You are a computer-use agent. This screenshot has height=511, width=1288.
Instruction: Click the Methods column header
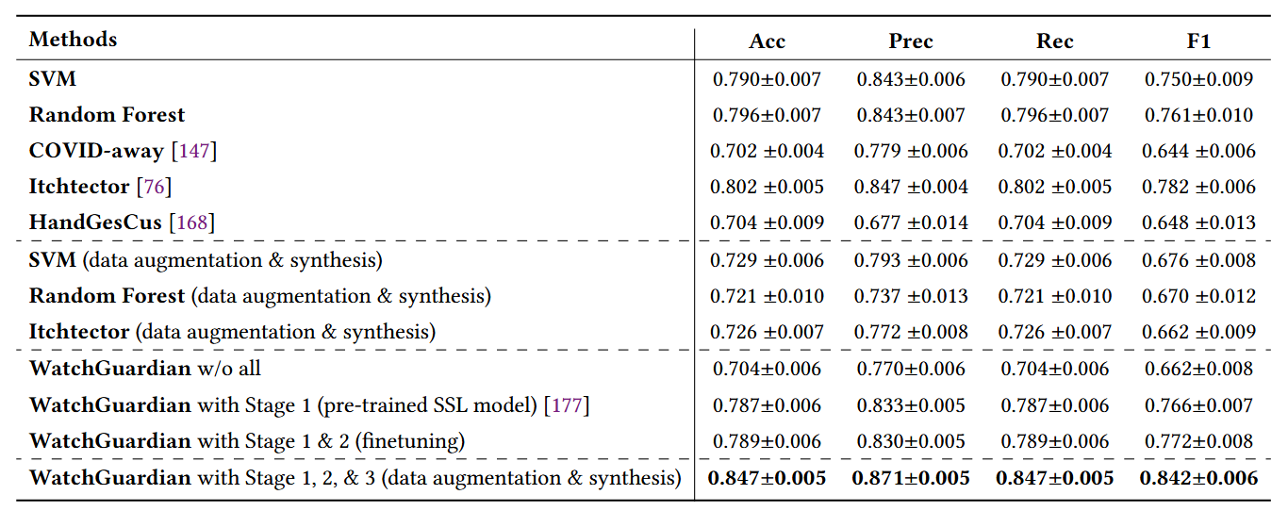point(73,40)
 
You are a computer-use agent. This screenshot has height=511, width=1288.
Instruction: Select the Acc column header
point(767,41)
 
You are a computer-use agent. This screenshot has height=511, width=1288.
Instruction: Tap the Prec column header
point(910,41)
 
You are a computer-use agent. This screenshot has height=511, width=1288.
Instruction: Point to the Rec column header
point(1054,41)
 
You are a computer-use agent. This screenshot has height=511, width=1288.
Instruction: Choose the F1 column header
point(1198,41)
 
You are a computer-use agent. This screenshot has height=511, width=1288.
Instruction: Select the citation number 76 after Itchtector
point(154,187)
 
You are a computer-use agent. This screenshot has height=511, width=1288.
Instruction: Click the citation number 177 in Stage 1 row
point(566,405)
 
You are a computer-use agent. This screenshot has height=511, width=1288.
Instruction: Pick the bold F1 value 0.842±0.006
point(1198,478)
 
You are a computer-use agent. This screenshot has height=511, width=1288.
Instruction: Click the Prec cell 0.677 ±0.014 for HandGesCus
point(910,223)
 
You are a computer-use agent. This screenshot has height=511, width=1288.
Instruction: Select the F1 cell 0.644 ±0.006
point(1198,151)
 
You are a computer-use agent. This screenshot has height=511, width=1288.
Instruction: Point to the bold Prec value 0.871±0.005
point(910,478)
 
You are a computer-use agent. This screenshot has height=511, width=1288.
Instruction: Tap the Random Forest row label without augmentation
point(107,115)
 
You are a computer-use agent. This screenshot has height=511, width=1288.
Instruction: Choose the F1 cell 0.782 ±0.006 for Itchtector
point(1198,187)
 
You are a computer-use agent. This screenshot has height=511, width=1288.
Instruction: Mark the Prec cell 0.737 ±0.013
point(910,296)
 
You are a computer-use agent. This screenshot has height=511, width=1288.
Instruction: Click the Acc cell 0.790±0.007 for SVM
point(767,79)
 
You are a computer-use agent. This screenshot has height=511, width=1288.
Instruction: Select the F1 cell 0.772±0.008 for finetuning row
point(1198,441)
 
